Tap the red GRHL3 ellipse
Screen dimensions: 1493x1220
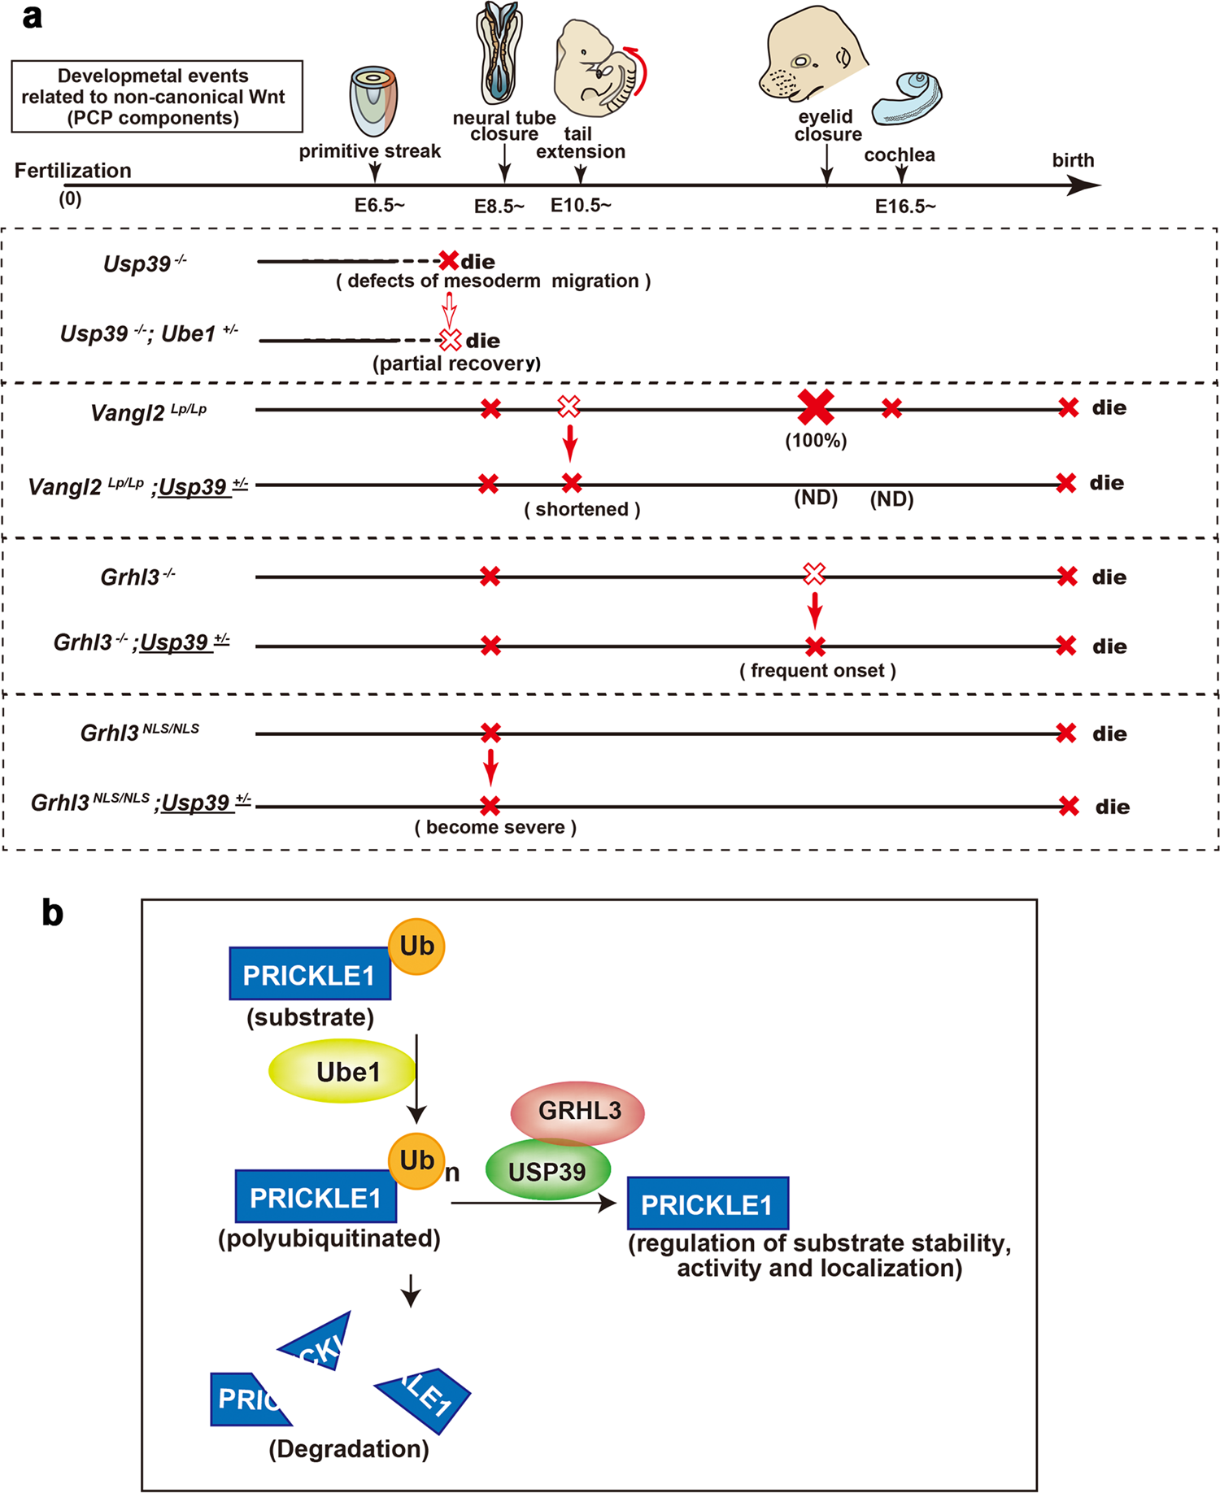pos(577,1110)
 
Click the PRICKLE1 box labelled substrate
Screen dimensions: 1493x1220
pos(309,974)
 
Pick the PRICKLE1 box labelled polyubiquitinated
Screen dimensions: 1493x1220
pos(315,1197)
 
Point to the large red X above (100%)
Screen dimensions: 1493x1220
pos(815,407)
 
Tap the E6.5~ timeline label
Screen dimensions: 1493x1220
pos(379,206)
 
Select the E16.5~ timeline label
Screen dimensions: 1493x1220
pos(904,207)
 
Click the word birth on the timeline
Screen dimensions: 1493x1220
pos(1073,160)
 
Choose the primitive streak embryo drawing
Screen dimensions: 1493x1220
pos(373,102)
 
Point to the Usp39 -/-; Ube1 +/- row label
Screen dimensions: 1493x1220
pos(149,334)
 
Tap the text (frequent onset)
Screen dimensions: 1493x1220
pos(817,671)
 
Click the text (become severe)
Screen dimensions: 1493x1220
pos(495,827)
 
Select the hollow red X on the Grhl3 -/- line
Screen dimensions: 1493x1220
pos(814,574)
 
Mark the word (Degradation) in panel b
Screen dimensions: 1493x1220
pos(349,1448)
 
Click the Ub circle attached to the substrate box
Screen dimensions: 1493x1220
pos(416,947)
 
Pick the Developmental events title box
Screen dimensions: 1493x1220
pos(157,97)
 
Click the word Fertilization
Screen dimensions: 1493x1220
pos(73,171)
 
